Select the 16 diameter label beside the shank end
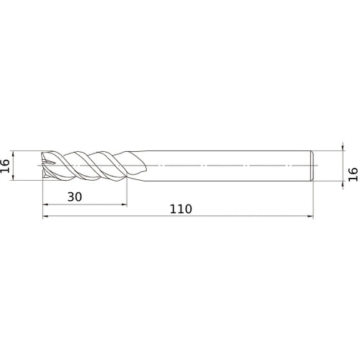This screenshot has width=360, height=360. (352, 172)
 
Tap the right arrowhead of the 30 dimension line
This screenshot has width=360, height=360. (124, 204)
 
